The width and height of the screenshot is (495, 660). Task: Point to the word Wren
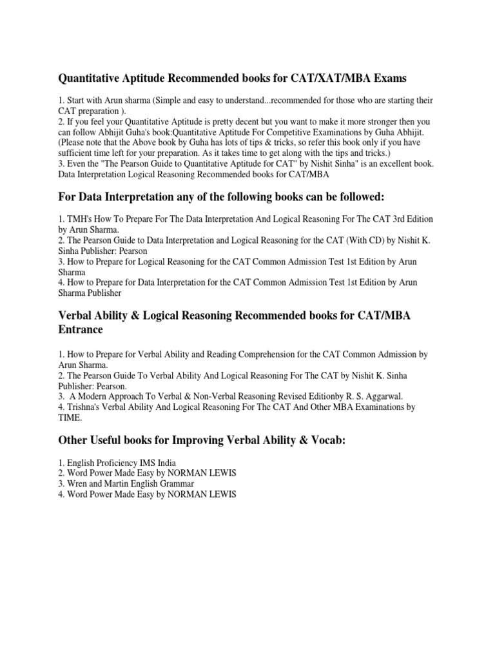pos(78,483)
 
